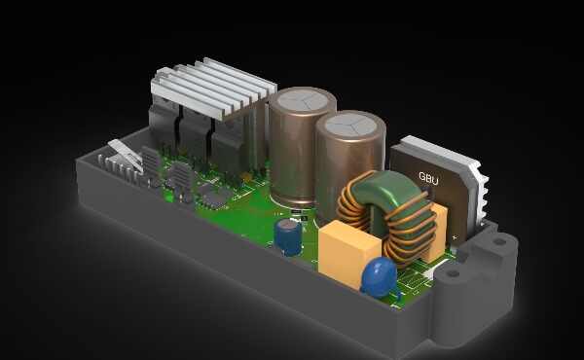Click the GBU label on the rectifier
pyautogui.click(x=428, y=178)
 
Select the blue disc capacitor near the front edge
pyautogui.click(x=380, y=276)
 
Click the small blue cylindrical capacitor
pyautogui.click(x=288, y=236)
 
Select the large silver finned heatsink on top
pyautogui.click(x=213, y=89)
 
